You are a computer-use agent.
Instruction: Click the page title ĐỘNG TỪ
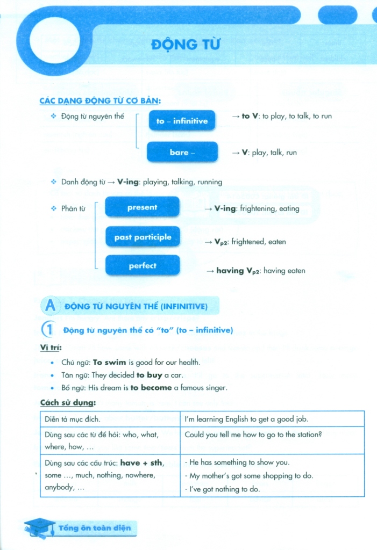[186, 45]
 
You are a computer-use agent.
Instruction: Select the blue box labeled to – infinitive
[182, 121]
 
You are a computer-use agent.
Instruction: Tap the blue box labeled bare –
[182, 152]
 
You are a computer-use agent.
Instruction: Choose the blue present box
[142, 207]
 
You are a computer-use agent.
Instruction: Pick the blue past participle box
[143, 237]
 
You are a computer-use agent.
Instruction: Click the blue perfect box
[143, 265]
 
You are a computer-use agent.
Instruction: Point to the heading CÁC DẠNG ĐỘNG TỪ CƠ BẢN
[101, 100]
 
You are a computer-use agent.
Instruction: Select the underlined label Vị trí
[51, 348]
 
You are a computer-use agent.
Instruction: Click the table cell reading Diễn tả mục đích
[73, 419]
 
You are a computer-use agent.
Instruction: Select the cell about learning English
[246, 419]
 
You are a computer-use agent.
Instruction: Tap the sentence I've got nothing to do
[222, 489]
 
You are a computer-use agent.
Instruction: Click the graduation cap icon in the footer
[39, 527]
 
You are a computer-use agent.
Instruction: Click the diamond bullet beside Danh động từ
[53, 182]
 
